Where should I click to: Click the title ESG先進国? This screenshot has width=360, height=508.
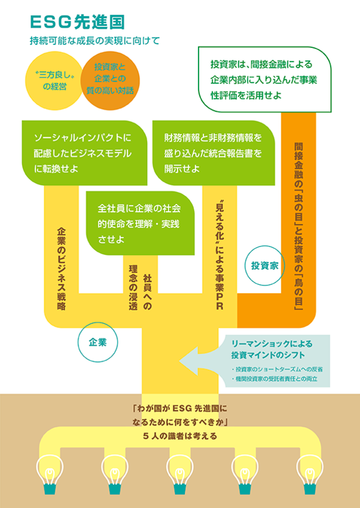tap(77, 23)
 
